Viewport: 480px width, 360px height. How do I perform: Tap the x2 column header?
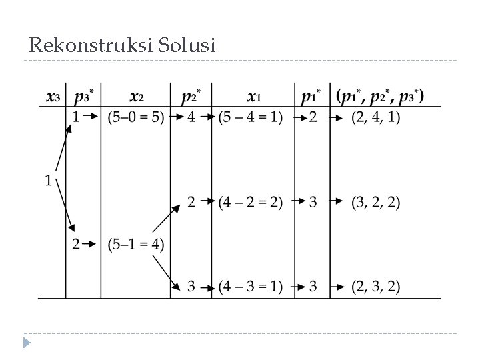[137, 96]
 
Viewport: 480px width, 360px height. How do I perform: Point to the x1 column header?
[253, 96]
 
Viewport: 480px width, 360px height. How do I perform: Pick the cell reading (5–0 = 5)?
[136, 117]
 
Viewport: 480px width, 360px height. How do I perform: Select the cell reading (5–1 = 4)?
[136, 244]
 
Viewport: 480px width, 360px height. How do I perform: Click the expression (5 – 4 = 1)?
[251, 117]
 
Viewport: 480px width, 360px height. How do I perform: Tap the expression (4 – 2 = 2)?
[251, 202]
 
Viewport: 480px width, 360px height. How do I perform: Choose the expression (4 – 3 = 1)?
[251, 287]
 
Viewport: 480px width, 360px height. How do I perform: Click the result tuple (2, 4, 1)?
[376, 117]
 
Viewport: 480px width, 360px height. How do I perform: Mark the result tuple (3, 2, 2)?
[376, 202]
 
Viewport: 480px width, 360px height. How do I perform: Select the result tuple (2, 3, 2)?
[376, 287]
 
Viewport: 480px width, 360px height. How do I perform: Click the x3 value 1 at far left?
[48, 180]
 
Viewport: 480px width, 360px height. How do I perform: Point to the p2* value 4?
[191, 117]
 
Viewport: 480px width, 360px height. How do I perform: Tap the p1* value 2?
[313, 117]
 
